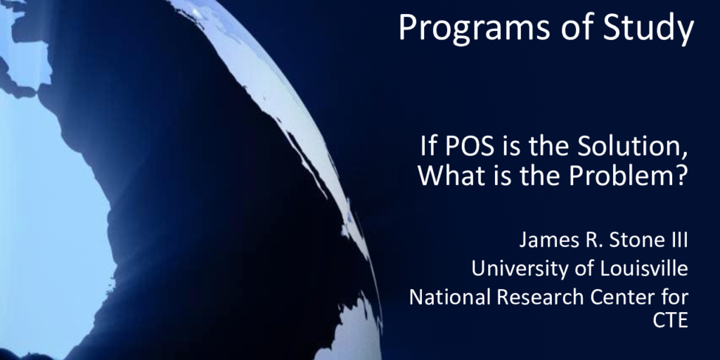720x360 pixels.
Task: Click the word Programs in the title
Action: (475, 27)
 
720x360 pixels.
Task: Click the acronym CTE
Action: (670, 321)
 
